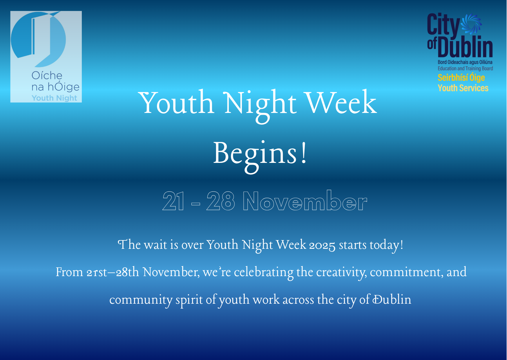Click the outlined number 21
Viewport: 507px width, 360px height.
pos(173,201)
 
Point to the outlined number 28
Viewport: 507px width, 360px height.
pos(220,201)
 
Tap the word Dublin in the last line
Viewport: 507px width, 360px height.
pos(392,299)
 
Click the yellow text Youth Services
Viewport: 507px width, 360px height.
pos(463,88)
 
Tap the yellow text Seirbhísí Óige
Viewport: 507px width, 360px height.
pos(461,78)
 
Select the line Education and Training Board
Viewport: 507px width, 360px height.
pos(465,69)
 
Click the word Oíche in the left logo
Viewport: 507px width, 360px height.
pos(47,75)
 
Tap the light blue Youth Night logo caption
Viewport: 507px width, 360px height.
pos(55,98)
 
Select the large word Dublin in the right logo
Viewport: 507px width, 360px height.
pos(465,46)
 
